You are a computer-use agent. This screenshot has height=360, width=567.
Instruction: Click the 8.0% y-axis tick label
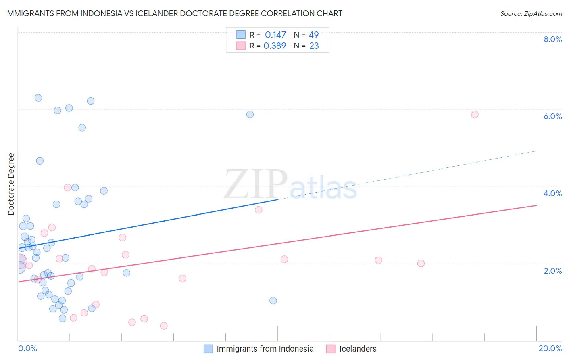pos(552,39)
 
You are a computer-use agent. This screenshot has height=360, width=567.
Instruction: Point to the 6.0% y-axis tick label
pos(552,116)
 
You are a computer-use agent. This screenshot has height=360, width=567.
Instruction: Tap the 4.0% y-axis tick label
pos(552,193)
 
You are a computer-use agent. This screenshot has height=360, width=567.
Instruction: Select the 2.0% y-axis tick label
pos(552,271)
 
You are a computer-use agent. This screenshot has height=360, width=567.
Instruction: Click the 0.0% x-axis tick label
pos(27,348)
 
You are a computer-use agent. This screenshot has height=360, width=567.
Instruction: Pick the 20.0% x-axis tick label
pos(550,348)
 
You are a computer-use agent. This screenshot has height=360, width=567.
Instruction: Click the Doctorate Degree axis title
pos(11,184)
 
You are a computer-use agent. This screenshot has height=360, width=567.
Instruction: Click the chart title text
pos(174,13)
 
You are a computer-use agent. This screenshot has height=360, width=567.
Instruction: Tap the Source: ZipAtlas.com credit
pos(531,13)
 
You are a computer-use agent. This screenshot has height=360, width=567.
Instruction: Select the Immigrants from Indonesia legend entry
pos(265,349)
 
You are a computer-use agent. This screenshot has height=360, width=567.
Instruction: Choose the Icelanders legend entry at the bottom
pos(358,349)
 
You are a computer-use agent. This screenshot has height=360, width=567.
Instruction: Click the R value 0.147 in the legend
pos(275,35)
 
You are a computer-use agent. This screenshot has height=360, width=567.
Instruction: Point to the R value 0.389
pos(275,46)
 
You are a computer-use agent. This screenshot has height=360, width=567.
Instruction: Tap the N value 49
pos(314,35)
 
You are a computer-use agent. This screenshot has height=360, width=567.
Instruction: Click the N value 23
pos(314,46)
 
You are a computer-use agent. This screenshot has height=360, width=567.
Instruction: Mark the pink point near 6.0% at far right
pos(475,115)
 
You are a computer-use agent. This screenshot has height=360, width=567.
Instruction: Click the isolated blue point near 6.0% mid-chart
pos(250,115)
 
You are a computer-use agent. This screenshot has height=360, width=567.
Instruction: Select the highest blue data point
pos(38,98)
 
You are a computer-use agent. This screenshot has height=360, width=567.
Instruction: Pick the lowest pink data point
pos(164,326)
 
